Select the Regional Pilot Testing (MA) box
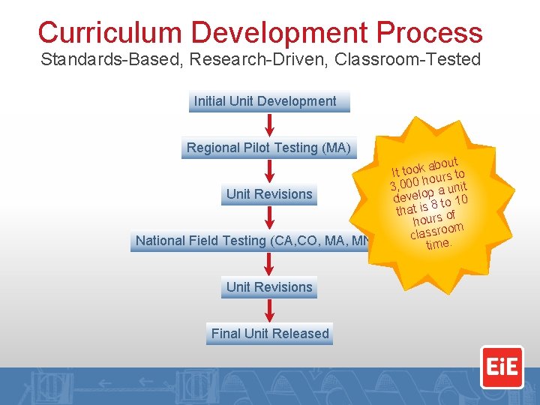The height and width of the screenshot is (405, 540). click(x=268, y=148)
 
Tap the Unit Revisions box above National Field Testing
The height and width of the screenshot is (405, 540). click(x=269, y=194)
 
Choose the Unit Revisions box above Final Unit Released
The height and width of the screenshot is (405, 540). click(x=269, y=287)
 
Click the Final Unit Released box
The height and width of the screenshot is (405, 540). click(x=269, y=334)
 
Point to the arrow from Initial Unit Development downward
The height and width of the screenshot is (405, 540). click(x=269, y=124)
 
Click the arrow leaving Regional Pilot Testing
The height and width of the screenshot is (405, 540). click(x=269, y=171)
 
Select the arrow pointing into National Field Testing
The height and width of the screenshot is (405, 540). click(x=269, y=217)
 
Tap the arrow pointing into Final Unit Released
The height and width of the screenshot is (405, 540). click(x=269, y=310)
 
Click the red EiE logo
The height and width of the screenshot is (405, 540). click(x=502, y=367)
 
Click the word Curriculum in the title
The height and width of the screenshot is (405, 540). click(x=109, y=33)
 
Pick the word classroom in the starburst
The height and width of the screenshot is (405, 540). click(x=437, y=231)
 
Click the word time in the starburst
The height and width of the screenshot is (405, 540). click(x=437, y=244)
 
